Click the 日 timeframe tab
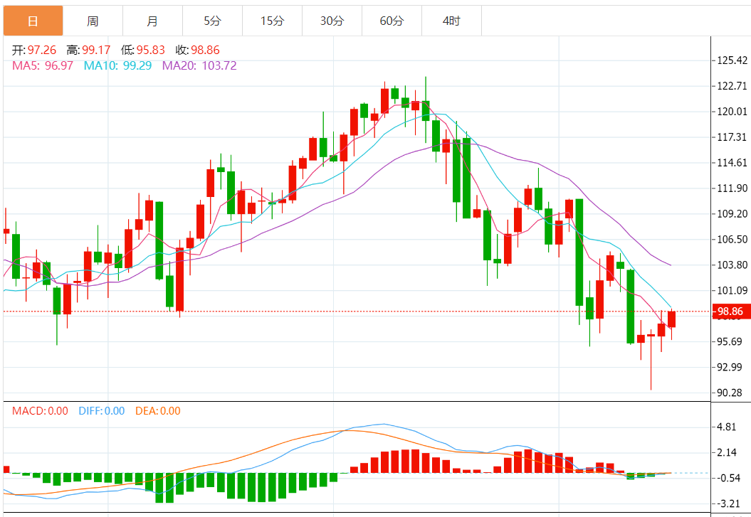[x=33, y=21]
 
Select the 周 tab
[x=93, y=21]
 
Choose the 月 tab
[x=152, y=21]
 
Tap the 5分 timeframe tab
[x=212, y=21]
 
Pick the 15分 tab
[x=272, y=21]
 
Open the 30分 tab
[x=332, y=21]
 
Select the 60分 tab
[x=392, y=21]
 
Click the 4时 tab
[x=451, y=21]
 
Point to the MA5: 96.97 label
[x=43, y=65]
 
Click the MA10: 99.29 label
[x=117, y=65]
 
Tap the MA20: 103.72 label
[x=199, y=65]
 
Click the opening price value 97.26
[x=41, y=50]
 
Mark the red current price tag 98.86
[x=730, y=311]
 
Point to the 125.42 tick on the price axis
[x=732, y=60]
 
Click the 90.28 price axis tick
[x=730, y=393]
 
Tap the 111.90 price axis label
[x=732, y=188]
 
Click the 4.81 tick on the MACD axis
[x=727, y=427]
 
